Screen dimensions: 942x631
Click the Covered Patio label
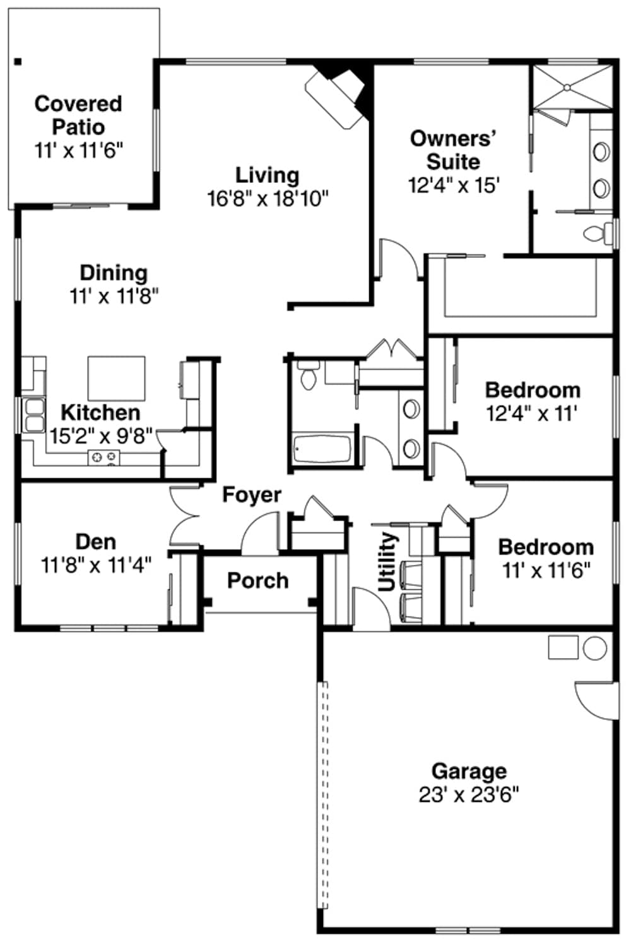point(78,115)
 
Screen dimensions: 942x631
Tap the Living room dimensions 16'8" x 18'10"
point(268,199)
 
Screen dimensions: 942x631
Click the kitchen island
point(116,378)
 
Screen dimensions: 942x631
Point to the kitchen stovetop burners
point(103,457)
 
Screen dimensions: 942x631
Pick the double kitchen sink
point(34,415)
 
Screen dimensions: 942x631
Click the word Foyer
point(251,495)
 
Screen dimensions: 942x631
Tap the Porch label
point(257,580)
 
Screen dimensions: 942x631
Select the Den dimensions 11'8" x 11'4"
point(96,565)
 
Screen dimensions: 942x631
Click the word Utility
point(387,561)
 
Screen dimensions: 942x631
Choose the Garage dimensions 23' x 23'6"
point(468,794)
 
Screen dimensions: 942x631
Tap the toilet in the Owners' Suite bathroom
point(597,233)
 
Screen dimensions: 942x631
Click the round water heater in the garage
point(594,648)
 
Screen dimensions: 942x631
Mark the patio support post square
point(18,62)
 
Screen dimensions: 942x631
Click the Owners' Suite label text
point(452,150)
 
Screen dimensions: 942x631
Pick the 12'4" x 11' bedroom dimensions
point(531,414)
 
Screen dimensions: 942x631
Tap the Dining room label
point(114,273)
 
